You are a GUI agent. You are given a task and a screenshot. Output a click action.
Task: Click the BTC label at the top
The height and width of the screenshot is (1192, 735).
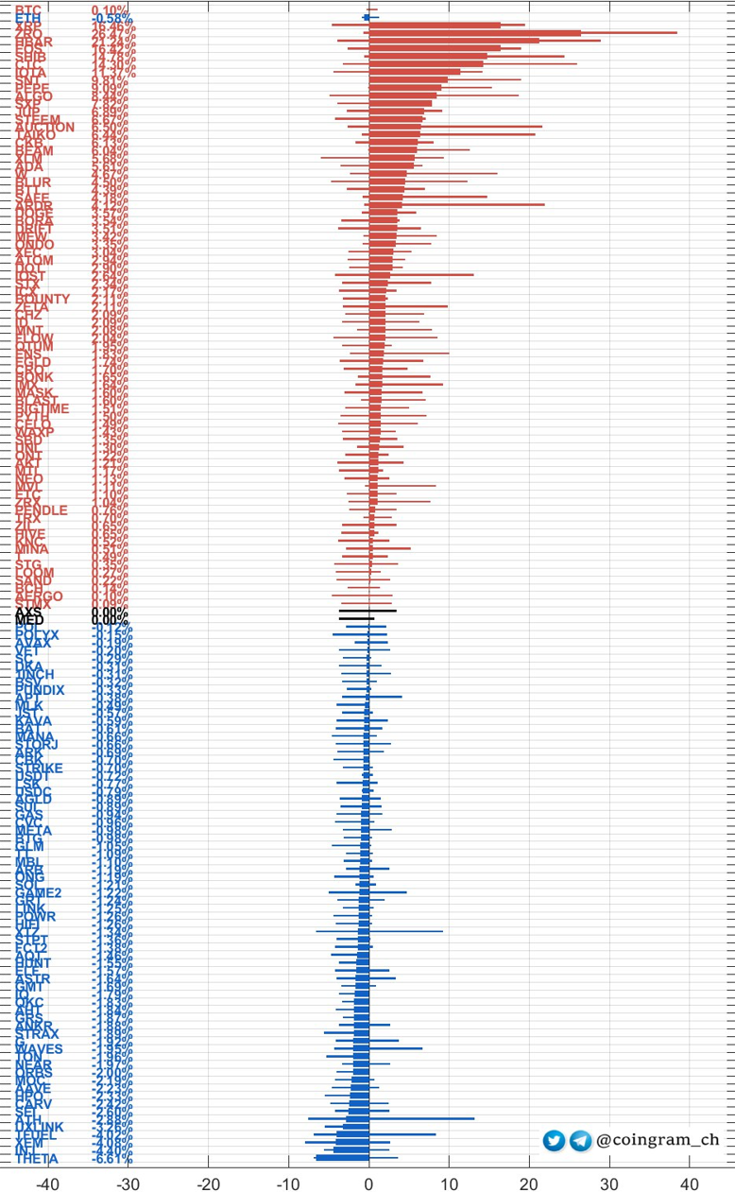(28, 9)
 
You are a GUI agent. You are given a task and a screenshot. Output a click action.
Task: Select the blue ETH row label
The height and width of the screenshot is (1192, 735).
(28, 19)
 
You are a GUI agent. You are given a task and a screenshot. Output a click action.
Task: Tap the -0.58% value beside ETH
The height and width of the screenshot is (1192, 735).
(112, 19)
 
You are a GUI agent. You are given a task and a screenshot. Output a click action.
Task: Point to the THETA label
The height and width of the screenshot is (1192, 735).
(37, 1159)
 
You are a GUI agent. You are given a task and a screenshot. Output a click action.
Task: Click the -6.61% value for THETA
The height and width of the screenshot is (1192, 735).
(112, 1159)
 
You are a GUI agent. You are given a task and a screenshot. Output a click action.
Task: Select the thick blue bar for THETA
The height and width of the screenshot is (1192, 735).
(342, 1158)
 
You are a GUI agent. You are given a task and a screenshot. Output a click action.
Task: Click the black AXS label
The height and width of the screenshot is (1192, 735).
(28, 613)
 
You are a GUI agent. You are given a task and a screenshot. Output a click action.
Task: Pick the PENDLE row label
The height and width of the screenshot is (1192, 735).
(42, 510)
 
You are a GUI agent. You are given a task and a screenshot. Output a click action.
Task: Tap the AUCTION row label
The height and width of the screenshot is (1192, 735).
(44, 128)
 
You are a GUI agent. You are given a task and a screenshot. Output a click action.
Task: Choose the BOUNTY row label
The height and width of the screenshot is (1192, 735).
(43, 300)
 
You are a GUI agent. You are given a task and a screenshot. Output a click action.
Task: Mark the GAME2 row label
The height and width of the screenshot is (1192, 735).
(39, 893)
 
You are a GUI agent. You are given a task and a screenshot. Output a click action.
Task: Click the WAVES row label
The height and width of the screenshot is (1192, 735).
(39, 1049)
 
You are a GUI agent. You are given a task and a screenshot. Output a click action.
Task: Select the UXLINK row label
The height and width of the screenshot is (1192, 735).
(40, 1128)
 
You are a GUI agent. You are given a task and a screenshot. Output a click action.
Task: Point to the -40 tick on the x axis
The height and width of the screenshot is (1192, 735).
(47, 1182)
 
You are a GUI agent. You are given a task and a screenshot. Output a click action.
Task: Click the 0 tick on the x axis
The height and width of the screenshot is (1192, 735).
(369, 1182)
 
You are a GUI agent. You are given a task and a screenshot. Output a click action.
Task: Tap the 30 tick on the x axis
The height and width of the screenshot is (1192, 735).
(610, 1182)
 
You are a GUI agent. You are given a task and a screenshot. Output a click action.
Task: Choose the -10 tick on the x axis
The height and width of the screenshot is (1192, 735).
(288, 1182)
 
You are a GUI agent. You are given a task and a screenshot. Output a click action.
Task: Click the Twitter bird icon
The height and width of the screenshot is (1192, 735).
(554, 1141)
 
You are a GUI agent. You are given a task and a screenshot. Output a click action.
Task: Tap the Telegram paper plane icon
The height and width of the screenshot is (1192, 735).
(580, 1141)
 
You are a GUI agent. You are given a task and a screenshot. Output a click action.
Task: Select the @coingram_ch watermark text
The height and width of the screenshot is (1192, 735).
(658, 1140)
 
